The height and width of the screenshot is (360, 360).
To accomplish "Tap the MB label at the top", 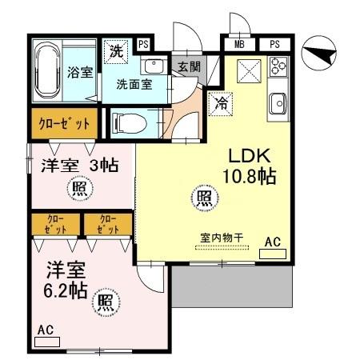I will (240, 44).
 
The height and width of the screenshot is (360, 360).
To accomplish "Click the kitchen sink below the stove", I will (278, 102).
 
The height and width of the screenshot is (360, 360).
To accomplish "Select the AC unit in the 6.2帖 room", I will (47, 335).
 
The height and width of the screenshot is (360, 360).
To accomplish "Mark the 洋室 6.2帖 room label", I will (65, 280).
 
